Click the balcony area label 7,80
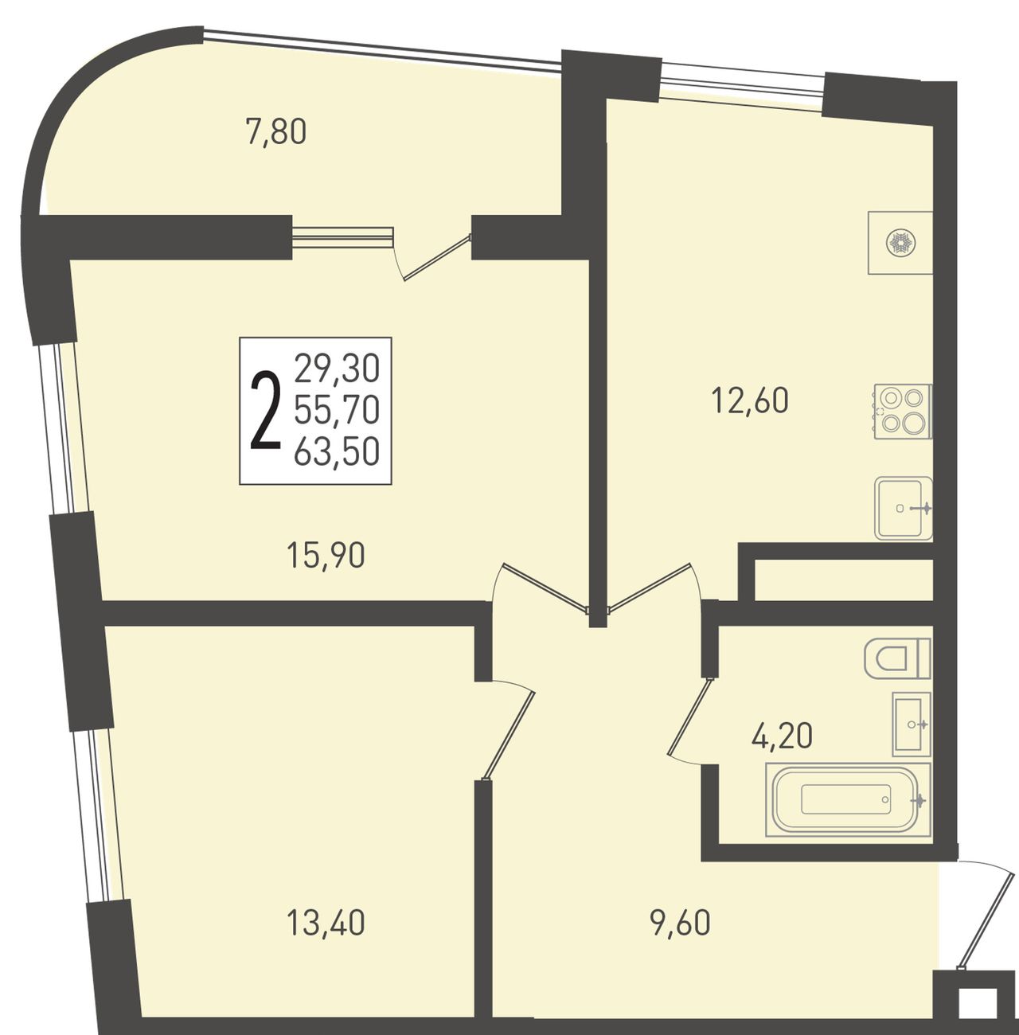(x=275, y=133)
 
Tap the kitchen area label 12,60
(x=749, y=400)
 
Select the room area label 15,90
(x=326, y=556)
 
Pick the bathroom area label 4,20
(x=782, y=736)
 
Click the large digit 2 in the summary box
(x=266, y=412)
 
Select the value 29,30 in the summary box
(x=337, y=369)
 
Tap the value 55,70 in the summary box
(x=337, y=411)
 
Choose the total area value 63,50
(x=337, y=451)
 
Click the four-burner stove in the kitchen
(x=903, y=412)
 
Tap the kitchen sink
(x=904, y=508)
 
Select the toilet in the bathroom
(x=898, y=658)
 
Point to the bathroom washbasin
(x=912, y=724)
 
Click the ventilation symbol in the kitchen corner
(x=901, y=244)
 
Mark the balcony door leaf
(x=437, y=256)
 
